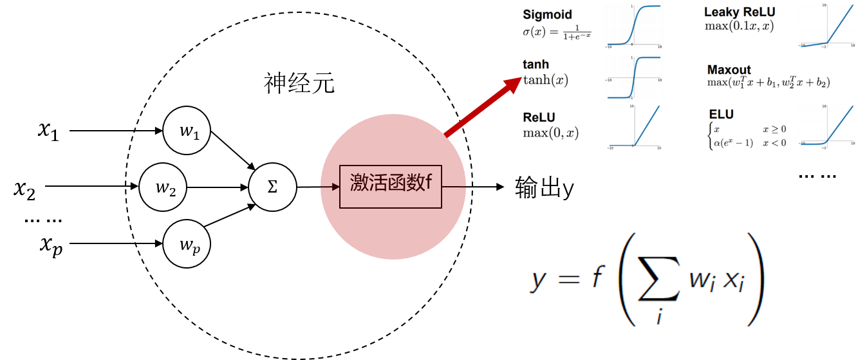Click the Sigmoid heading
click(x=547, y=15)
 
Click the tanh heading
click(x=536, y=65)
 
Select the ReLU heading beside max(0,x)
click(x=539, y=118)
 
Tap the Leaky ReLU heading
click(x=740, y=12)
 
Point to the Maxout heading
click(x=729, y=70)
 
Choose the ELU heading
click(x=721, y=114)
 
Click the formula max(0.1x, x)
click(x=739, y=26)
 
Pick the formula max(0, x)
click(x=550, y=133)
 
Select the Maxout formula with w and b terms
click(x=768, y=82)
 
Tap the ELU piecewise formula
click(x=747, y=136)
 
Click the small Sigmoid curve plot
click(x=634, y=26)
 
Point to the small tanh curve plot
click(x=634, y=78)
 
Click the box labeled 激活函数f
click(x=391, y=187)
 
